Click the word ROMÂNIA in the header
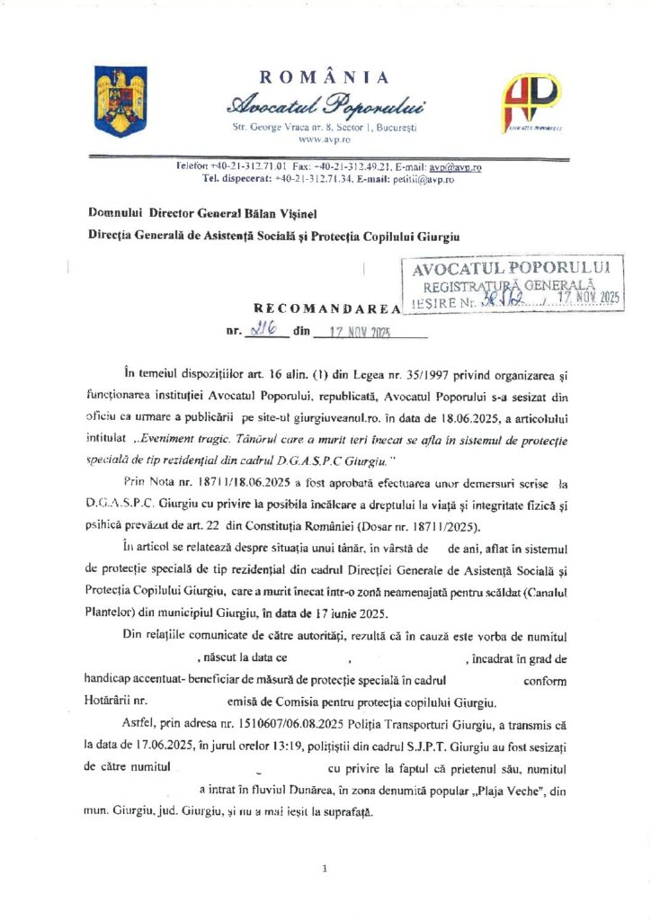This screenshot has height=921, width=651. click(x=325, y=77)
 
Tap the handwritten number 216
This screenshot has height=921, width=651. click(x=267, y=330)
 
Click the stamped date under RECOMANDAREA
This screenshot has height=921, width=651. click(x=370, y=332)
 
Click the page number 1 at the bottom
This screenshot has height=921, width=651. click(x=324, y=869)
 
